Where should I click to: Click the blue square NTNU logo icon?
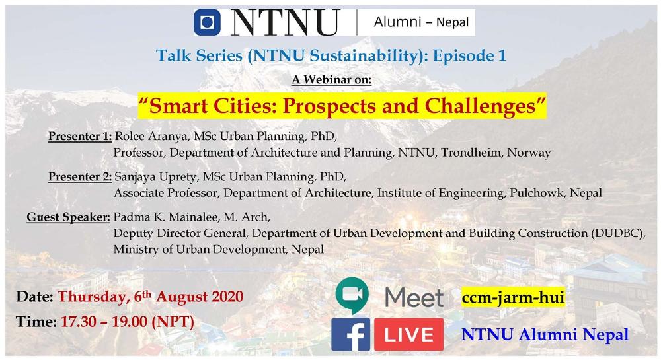pyautogui.click(x=207, y=22)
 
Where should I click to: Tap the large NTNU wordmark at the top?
pyautogui.click(x=286, y=22)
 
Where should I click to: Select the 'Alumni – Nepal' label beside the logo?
pyautogui.click(x=421, y=22)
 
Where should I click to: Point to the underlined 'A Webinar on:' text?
pyautogui.click(x=331, y=79)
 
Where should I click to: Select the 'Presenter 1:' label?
pyautogui.click(x=80, y=137)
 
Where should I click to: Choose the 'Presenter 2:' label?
pyautogui.click(x=80, y=176)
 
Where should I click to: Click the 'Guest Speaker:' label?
pyautogui.click(x=68, y=217)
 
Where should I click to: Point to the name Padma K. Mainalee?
pyautogui.click(x=166, y=217)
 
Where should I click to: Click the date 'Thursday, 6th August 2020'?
pyautogui.click(x=151, y=297)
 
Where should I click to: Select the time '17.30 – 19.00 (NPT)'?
pyautogui.click(x=128, y=322)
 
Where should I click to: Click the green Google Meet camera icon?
pyautogui.click(x=352, y=295)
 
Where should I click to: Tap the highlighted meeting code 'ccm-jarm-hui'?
pyautogui.click(x=513, y=297)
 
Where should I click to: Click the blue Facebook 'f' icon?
pyautogui.click(x=351, y=335)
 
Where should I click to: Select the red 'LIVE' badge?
pyautogui.click(x=409, y=335)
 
